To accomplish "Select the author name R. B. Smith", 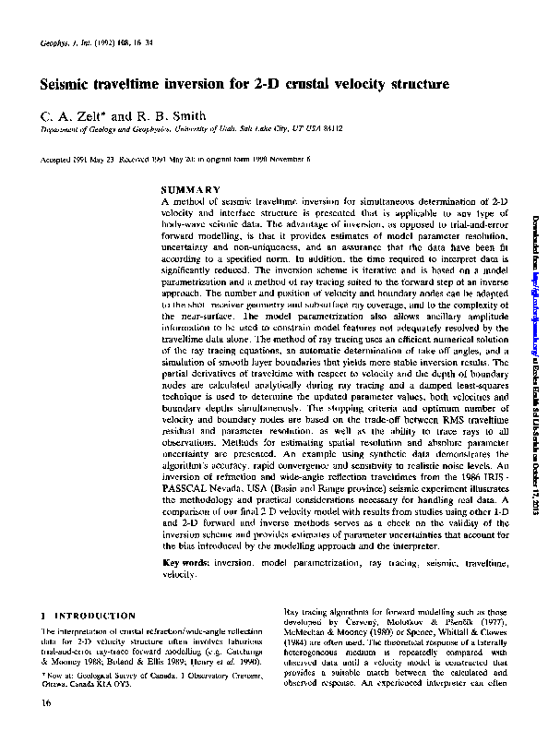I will point(176,116).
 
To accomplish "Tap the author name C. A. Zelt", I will point(70,116).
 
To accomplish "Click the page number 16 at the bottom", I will point(47,704).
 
